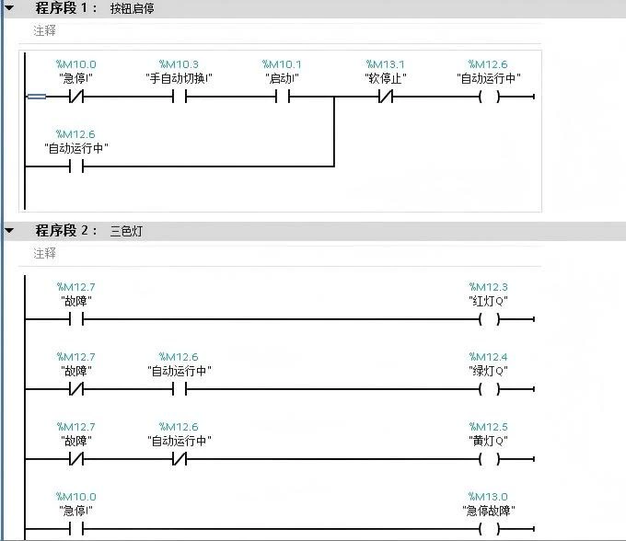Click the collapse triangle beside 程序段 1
click(x=9, y=8)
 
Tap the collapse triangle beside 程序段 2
click(x=9, y=230)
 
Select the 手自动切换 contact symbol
click(x=180, y=96)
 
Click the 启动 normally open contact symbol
click(x=283, y=96)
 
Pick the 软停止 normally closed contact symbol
click(x=386, y=96)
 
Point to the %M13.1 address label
click(x=386, y=64)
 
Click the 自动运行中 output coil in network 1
click(x=489, y=96)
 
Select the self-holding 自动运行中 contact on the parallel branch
click(x=76, y=167)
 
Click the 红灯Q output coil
click(x=489, y=319)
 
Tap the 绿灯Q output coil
click(x=489, y=389)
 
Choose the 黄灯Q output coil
click(x=489, y=459)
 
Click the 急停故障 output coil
click(x=489, y=529)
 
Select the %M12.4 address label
click(x=488, y=357)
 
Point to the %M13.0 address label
click(x=488, y=497)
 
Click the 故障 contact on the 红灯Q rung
click(x=76, y=319)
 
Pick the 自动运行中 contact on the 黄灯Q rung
click(x=180, y=459)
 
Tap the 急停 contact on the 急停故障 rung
click(x=76, y=529)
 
